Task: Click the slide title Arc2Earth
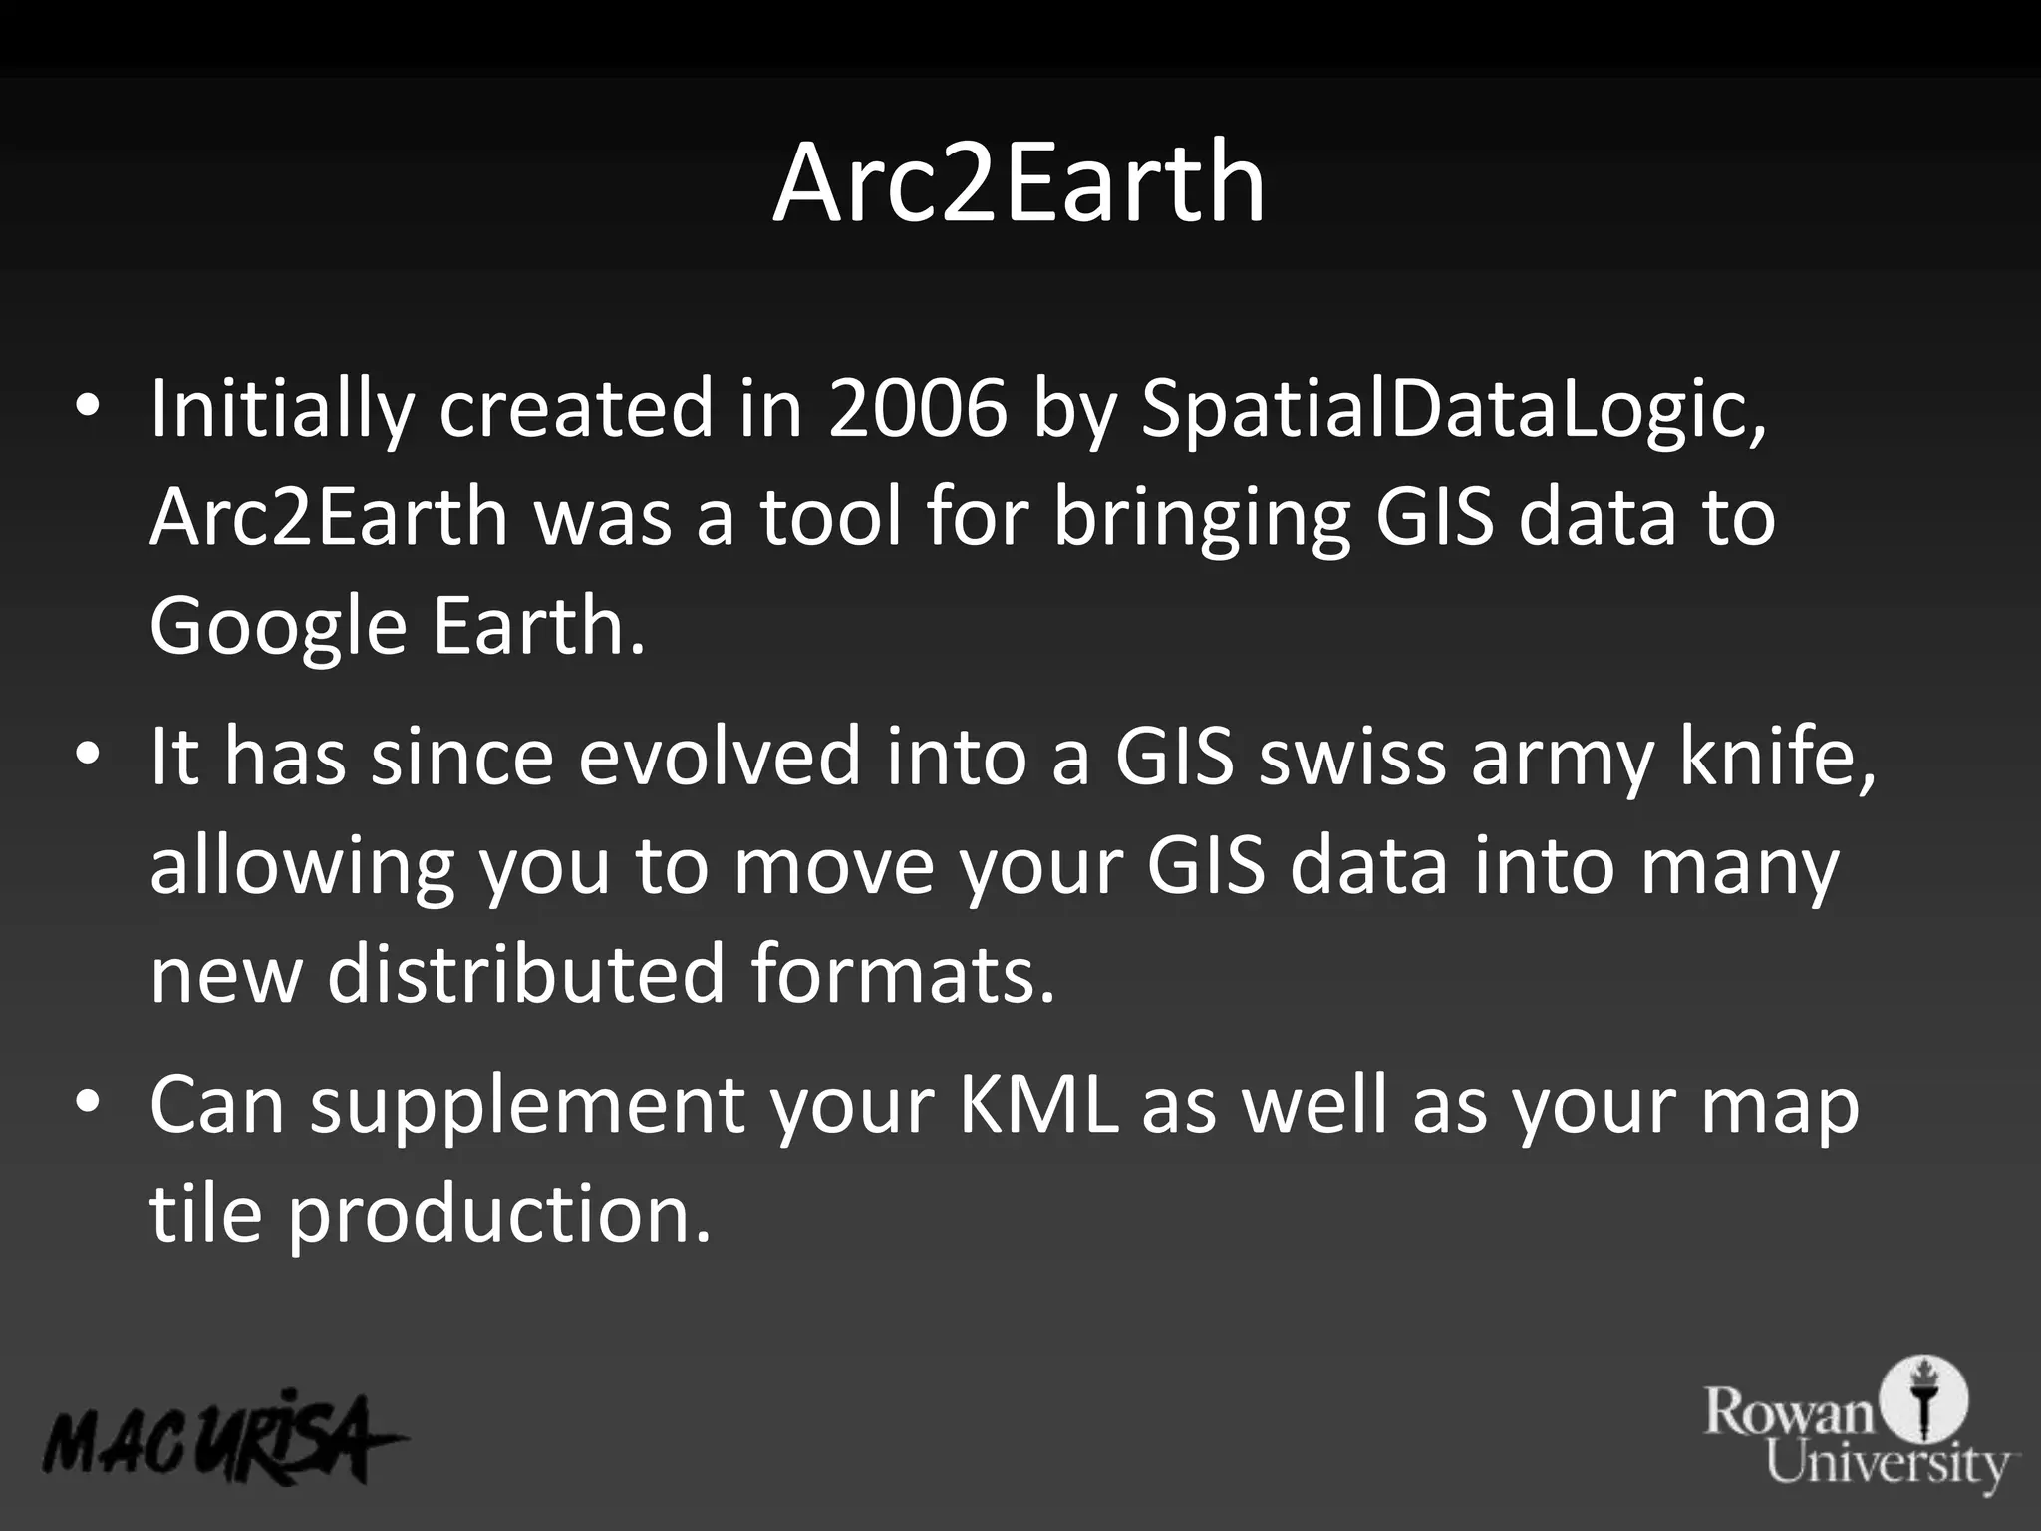click(1019, 183)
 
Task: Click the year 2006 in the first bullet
click(917, 409)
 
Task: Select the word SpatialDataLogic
click(1451, 409)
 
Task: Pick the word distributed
click(525, 975)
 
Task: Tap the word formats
click(902, 975)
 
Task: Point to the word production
click(499, 1216)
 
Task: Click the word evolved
click(720, 758)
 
